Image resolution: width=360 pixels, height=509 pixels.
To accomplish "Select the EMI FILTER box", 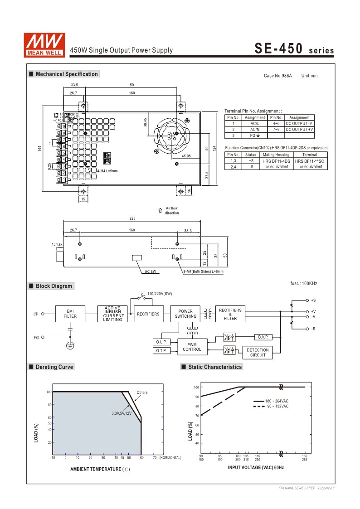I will click(x=70, y=314).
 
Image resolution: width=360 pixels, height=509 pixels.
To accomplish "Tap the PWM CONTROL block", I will click(x=192, y=347).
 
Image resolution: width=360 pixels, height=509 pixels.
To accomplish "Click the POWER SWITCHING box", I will click(x=185, y=314).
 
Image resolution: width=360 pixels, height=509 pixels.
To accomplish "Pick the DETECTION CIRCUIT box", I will click(x=258, y=353).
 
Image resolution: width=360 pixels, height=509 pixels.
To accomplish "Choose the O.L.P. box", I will click(x=162, y=342).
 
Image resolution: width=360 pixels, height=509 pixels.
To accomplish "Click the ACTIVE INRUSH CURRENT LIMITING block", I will click(x=112, y=314).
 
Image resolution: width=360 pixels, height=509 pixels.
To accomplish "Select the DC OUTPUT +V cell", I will click(x=299, y=130).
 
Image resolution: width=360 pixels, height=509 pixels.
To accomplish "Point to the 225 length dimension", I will click(x=132, y=218).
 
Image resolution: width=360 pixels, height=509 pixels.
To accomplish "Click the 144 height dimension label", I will click(x=40, y=148).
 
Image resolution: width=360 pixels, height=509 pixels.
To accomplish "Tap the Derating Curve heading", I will click(x=54, y=367).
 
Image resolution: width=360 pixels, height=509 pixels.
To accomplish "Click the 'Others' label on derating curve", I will click(x=142, y=393).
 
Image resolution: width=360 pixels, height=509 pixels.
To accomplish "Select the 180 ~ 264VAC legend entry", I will click(x=277, y=401).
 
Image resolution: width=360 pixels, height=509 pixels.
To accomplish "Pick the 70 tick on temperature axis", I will click(x=155, y=458).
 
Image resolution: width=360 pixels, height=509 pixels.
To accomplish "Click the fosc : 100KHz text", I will click(x=304, y=284).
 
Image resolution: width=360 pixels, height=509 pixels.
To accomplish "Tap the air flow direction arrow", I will click(x=160, y=210).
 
